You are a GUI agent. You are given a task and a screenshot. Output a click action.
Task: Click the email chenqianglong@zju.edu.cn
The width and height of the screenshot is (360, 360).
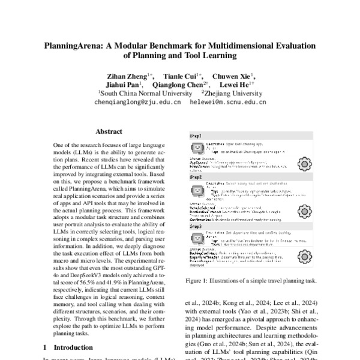[138, 103]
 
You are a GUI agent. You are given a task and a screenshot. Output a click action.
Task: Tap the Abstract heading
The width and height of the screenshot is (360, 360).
[109, 131]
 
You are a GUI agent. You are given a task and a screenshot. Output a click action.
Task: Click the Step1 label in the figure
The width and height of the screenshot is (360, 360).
[196, 137]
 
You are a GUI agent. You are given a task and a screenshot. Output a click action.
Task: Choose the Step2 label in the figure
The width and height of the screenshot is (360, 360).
[196, 178]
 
